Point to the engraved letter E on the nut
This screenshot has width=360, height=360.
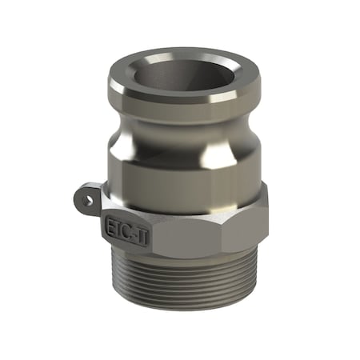click(x=110, y=223)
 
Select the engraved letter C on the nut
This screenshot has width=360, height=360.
click(x=125, y=227)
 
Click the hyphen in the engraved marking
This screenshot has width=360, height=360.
click(x=131, y=229)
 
